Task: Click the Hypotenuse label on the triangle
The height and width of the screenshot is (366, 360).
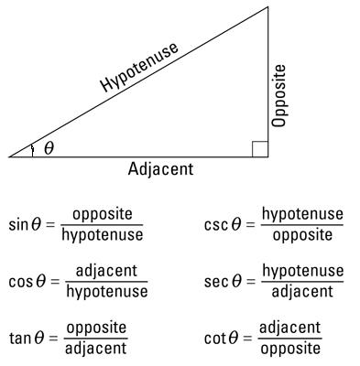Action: coord(140,68)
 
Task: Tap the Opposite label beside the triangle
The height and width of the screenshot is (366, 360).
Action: coord(279,95)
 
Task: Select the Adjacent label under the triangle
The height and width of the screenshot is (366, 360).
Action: coord(161,169)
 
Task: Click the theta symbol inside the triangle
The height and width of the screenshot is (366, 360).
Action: coord(49,148)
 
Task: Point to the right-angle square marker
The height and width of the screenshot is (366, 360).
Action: coord(259,149)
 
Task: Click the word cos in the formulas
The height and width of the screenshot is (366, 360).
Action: coord(20,281)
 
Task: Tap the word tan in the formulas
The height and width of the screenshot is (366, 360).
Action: coord(20,338)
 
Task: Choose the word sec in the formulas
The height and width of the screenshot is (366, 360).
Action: coord(216,281)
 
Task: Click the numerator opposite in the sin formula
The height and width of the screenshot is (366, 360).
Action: coord(103,215)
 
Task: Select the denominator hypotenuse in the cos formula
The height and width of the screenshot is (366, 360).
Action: coord(106,292)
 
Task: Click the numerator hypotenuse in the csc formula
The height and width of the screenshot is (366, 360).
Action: coord(302,215)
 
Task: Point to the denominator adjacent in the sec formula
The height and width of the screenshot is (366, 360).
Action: coord(302,292)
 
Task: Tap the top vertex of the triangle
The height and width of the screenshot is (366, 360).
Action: coord(268,7)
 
